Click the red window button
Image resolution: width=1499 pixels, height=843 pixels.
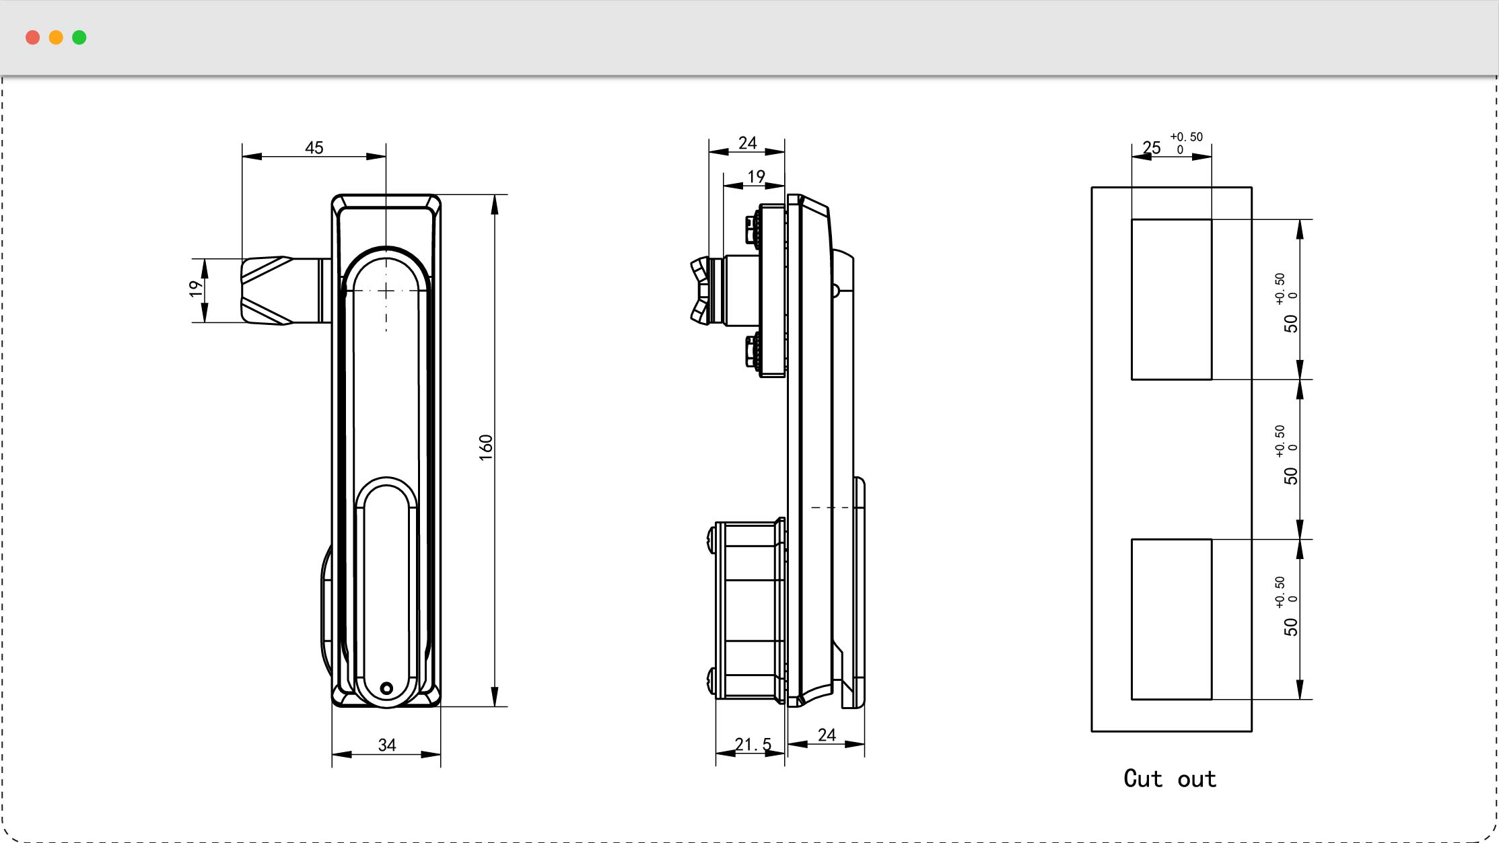[32, 38]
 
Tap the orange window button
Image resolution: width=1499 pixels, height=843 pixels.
[56, 38]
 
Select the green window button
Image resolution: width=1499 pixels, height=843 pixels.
[79, 38]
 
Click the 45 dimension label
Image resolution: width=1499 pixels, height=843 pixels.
[314, 147]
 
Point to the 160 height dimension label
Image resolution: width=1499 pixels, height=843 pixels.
[485, 447]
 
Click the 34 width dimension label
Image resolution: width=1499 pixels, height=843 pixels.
[387, 745]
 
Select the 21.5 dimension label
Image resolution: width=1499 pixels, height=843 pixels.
[753, 744]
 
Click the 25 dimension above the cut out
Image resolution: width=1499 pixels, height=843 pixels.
[1152, 147]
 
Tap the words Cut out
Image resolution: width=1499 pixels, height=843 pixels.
[1170, 778]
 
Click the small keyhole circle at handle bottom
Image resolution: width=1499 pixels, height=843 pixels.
[386, 688]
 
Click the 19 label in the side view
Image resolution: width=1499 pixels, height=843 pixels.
[756, 176]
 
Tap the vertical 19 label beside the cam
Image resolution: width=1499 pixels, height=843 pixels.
[195, 289]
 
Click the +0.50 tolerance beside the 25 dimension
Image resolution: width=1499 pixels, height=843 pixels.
[1186, 137]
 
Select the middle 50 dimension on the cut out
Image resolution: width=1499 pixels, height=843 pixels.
[1290, 476]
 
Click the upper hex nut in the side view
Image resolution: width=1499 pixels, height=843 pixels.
[751, 229]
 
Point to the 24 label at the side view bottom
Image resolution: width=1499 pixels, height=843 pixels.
[827, 735]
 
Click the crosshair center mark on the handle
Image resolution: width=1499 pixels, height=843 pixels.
[386, 291]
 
